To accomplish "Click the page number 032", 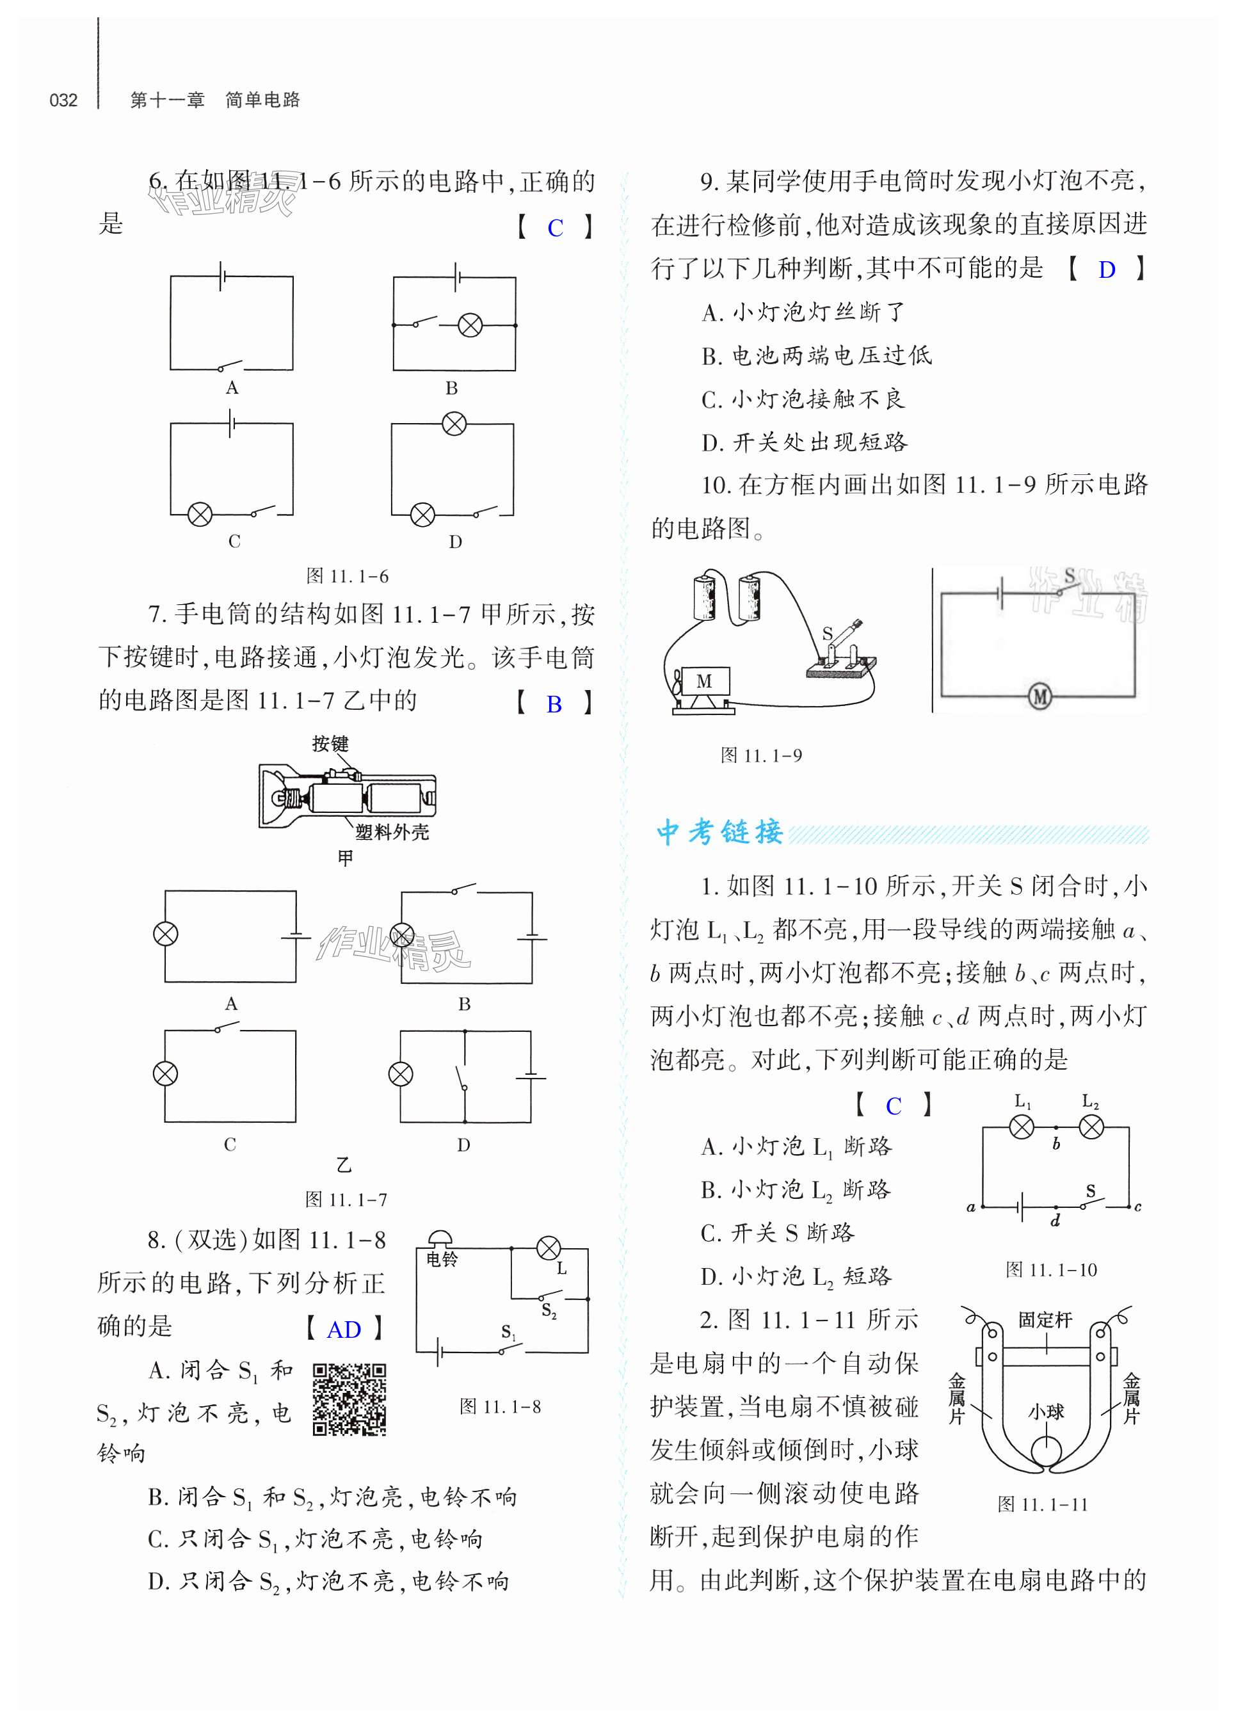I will pos(63,100).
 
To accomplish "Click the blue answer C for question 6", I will pos(555,229).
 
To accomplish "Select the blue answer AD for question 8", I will pos(343,1329).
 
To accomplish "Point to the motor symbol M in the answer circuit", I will pos(1039,696).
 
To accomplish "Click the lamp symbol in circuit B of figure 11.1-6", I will pos(470,326).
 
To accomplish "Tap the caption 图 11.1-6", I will pos(347,576).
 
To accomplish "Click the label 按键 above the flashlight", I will pos(330,744).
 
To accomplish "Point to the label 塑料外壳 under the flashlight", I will pos(392,832).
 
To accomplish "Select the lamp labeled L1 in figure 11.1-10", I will pos(1022,1127).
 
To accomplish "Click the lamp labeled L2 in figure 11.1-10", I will pos(1091,1127).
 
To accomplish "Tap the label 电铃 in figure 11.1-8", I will pos(442,1260).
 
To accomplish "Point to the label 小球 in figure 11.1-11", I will pos(1046,1413).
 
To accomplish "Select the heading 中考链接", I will pos(719,832).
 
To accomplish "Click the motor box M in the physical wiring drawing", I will pos(703,681).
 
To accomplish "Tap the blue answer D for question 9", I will pos(1107,270).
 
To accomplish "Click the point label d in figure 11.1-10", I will pos(1055,1221).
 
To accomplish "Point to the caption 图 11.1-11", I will pos(1043,1505).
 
